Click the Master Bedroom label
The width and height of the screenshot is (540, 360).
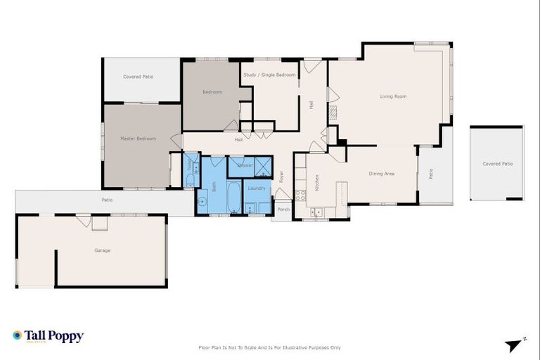pos(138,139)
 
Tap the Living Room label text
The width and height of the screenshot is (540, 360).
pos(393,96)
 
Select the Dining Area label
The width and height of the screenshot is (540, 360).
pos(381,173)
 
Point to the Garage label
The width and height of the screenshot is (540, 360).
pos(103,250)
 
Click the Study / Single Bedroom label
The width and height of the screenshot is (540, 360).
pos(269,75)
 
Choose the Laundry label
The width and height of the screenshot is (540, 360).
pos(257,188)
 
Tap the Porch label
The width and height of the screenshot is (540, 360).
pos(283,210)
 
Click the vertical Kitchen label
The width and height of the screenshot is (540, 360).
pos(316,183)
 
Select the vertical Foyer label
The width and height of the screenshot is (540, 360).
pos(281,176)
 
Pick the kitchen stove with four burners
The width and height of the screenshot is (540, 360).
pos(300,195)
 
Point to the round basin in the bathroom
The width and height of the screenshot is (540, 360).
pos(202,202)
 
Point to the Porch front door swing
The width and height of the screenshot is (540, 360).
pos(282,193)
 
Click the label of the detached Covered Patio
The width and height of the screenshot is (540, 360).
pos(497,164)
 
